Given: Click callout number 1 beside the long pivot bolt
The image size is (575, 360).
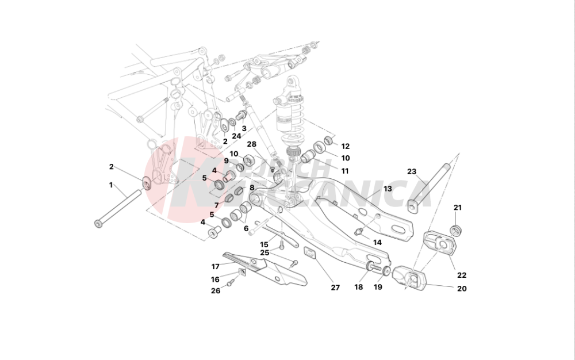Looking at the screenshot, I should (x=112, y=185).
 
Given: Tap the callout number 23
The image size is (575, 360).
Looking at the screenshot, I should (x=411, y=171).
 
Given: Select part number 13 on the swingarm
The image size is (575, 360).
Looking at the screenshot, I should (x=388, y=189).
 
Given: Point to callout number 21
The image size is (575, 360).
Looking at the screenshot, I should (x=458, y=208).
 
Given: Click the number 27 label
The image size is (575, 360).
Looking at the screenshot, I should (x=335, y=288).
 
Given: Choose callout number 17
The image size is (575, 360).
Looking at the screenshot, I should (x=216, y=266).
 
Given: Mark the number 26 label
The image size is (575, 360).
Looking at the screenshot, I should (x=215, y=291).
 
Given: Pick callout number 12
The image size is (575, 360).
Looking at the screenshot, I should (x=345, y=146).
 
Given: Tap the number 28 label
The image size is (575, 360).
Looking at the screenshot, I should (x=251, y=144).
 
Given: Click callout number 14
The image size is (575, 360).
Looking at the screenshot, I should (x=377, y=243).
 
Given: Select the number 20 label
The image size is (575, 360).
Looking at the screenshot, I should (x=462, y=289).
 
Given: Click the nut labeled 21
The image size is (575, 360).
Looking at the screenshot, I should (x=457, y=231).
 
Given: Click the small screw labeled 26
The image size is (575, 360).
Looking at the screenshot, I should (x=230, y=282).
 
